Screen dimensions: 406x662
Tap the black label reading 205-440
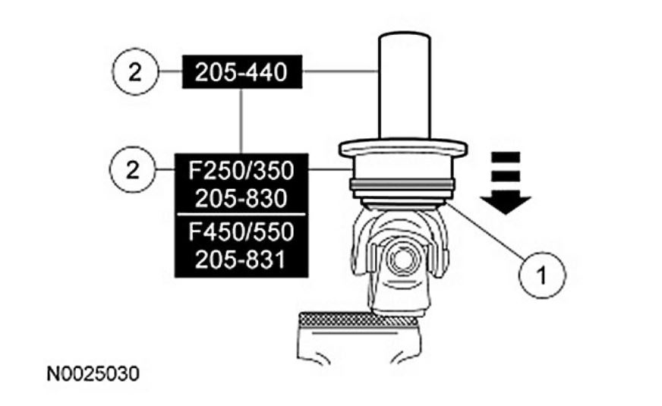click(x=241, y=73)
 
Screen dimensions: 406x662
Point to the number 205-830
click(x=241, y=198)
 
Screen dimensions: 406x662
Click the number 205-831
click(x=241, y=259)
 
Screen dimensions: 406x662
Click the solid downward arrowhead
click(x=505, y=201)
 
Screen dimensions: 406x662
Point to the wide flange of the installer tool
click(x=402, y=146)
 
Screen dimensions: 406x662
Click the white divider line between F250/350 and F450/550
click(x=241, y=215)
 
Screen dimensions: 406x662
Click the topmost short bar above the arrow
click(x=505, y=157)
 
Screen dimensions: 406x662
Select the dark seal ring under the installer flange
click(x=402, y=184)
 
